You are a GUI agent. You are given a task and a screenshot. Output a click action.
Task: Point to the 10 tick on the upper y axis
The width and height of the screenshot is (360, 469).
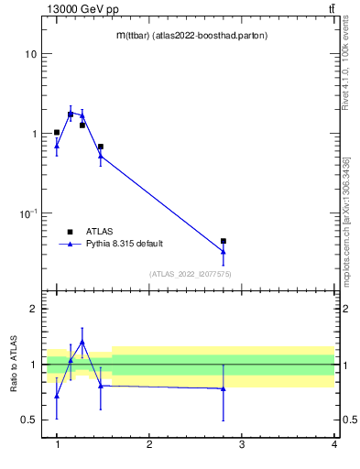tap(30, 54)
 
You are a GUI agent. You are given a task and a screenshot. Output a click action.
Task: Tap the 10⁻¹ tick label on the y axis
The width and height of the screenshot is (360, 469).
tap(27, 213)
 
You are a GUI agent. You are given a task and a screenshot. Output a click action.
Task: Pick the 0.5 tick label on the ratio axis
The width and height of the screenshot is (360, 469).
tap(27, 420)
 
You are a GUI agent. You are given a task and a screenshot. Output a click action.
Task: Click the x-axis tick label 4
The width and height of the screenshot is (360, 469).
tap(334, 444)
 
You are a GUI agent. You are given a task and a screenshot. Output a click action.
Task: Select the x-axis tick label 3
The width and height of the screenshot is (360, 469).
tap(242, 444)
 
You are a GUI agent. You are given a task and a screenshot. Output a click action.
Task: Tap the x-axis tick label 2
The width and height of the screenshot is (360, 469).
tap(149, 444)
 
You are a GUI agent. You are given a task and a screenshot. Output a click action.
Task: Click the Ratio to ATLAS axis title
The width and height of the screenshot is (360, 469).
tap(14, 364)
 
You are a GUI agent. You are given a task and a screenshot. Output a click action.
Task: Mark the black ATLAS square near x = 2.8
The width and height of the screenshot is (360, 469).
tap(224, 241)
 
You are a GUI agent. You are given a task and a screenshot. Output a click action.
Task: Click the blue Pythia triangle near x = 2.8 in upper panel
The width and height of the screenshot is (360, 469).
tap(224, 251)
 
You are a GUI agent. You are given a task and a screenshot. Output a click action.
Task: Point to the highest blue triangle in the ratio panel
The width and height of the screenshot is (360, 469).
tap(82, 342)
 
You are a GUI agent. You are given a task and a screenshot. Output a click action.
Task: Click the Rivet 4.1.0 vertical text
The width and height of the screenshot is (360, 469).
tap(345, 69)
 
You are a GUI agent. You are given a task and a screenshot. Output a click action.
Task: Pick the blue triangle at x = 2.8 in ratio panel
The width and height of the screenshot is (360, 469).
tap(224, 388)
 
